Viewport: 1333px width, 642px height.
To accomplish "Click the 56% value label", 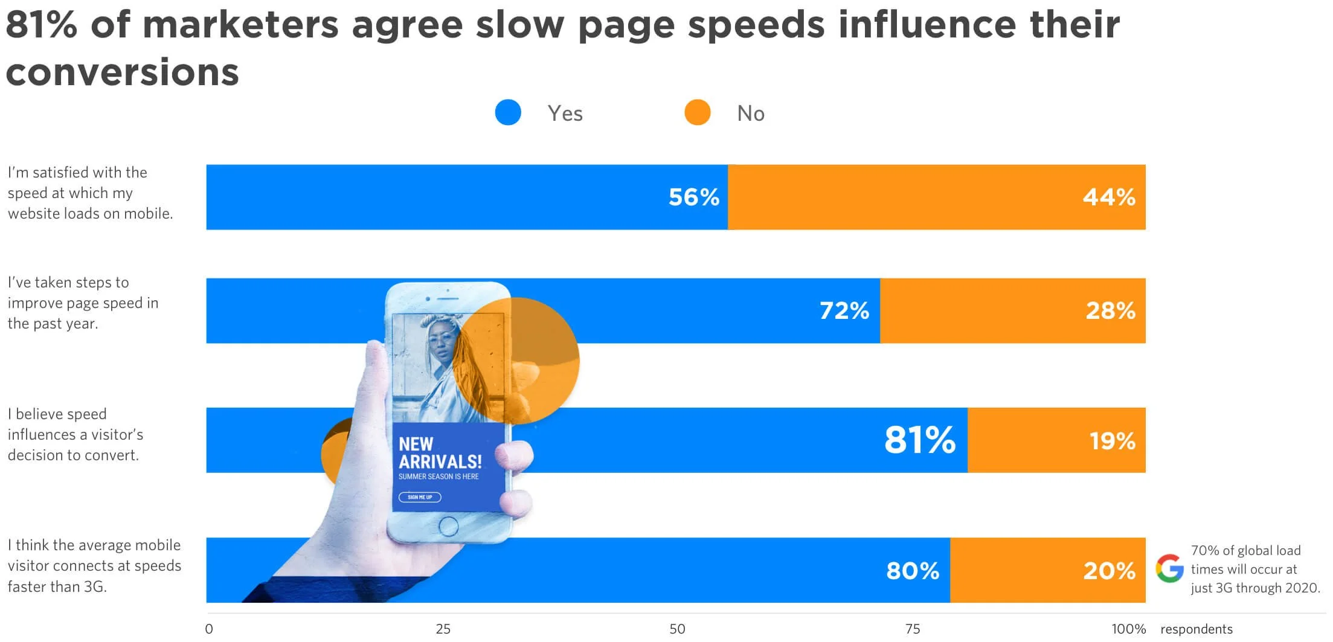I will tap(693, 197).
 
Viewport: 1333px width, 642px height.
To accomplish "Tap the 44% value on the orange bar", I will tap(1108, 197).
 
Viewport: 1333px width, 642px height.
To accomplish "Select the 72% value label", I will tap(844, 311).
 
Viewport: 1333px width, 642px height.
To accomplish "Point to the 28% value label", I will tap(1110, 311).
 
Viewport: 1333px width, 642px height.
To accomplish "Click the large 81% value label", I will tap(919, 440).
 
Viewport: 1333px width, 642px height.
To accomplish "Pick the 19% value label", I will tap(1112, 441).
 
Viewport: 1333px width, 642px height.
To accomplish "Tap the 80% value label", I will tap(912, 571).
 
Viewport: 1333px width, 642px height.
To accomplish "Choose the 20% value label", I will tap(1109, 571).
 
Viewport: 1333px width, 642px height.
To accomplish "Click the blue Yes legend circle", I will tap(508, 113).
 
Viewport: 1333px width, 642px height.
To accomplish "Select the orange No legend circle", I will tap(697, 113).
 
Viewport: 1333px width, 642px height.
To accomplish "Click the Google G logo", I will tap(1169, 568).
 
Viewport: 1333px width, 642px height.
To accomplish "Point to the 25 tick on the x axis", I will tap(443, 629).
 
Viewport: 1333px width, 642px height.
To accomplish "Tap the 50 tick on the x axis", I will tap(677, 629).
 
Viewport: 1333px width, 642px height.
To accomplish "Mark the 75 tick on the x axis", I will tap(913, 629).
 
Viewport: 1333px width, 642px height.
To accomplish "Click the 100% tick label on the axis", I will tap(1128, 629).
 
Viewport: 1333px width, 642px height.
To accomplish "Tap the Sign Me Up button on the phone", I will tap(420, 497).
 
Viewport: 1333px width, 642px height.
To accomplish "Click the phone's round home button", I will tap(448, 526).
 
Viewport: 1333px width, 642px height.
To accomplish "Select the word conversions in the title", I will tap(123, 72).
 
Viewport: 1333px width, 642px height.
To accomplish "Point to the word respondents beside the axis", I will tap(1196, 629).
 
